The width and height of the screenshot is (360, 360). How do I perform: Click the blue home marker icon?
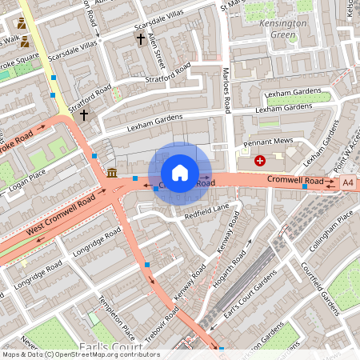pyautogui.click(x=180, y=173)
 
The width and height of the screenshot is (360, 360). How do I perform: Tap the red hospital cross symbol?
pyautogui.click(x=259, y=161)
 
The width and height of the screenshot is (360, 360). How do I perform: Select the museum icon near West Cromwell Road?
pyautogui.click(x=111, y=174)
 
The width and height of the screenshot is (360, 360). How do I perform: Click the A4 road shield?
pyautogui.click(x=347, y=183)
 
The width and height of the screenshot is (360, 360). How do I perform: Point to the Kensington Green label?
pyautogui.click(x=283, y=30)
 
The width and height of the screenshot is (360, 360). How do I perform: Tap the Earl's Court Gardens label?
pyautogui.click(x=250, y=302)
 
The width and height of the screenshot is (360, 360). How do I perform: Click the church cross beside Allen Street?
pyautogui.click(x=141, y=38)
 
